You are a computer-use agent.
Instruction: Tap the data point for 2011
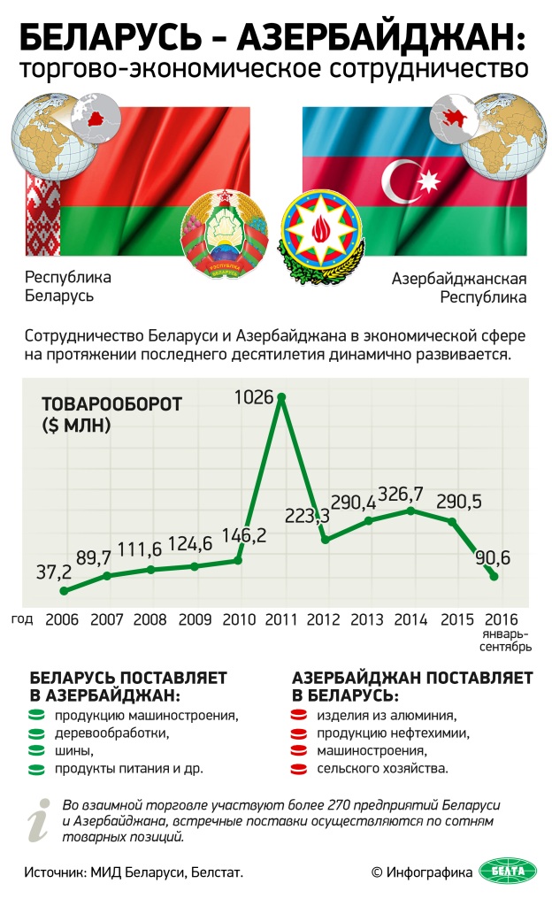[x=281, y=397]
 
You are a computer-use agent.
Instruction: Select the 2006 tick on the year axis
[x=64, y=620]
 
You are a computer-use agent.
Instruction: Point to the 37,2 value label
[x=53, y=572]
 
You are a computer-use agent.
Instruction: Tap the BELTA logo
[x=508, y=871]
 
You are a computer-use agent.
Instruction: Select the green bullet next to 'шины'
[x=37, y=750]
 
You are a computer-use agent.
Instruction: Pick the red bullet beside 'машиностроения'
[x=302, y=750]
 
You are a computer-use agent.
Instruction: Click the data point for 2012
[x=325, y=539]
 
